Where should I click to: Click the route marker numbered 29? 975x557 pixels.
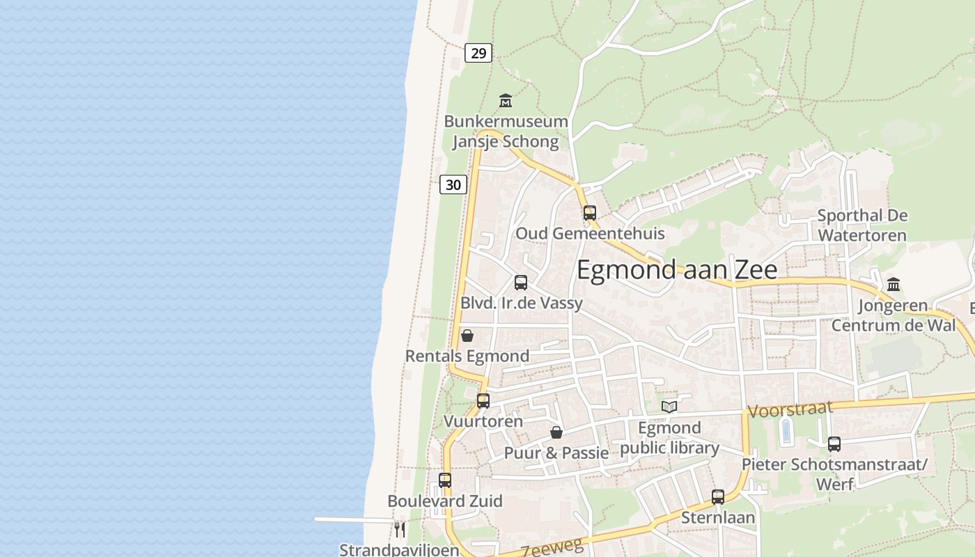pyautogui.click(x=478, y=53)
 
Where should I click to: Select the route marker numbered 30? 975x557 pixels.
pyautogui.click(x=453, y=185)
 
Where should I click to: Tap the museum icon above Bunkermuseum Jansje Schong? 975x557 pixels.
pyautogui.click(x=506, y=101)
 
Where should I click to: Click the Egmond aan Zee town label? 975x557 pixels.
pyautogui.click(x=677, y=269)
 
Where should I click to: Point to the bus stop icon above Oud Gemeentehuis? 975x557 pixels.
pyautogui.click(x=590, y=213)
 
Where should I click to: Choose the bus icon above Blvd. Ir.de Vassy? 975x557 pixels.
pyautogui.click(x=520, y=283)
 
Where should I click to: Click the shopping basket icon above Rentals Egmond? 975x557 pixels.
pyautogui.click(x=467, y=336)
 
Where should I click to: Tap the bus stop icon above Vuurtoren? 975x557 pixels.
pyautogui.click(x=483, y=401)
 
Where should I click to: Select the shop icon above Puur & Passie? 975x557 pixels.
pyautogui.click(x=556, y=432)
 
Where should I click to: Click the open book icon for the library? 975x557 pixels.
pyautogui.click(x=669, y=407)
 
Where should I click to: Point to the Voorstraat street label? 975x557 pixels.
pyautogui.click(x=790, y=409)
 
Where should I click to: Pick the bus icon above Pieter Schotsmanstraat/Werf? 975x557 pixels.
pyautogui.click(x=834, y=444)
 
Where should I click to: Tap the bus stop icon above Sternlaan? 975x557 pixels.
pyautogui.click(x=718, y=497)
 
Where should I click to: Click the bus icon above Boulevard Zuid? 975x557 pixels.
pyautogui.click(x=445, y=480)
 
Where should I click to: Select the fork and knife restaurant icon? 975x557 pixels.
pyautogui.click(x=400, y=529)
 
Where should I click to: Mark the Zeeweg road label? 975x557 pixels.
pyautogui.click(x=552, y=547)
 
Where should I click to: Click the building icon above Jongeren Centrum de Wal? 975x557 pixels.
pyautogui.click(x=894, y=284)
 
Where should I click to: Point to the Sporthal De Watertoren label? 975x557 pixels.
pyautogui.click(x=862, y=225)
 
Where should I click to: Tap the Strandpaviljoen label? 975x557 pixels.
pyautogui.click(x=399, y=549)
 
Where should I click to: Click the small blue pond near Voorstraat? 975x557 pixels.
pyautogui.click(x=786, y=431)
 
